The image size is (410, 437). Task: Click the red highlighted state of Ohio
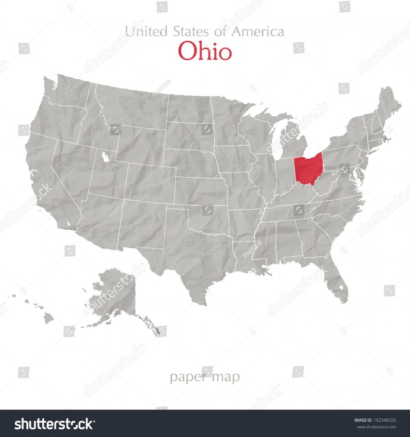pyautogui.click(x=307, y=169)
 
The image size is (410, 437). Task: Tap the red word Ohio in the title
pyautogui.click(x=205, y=51)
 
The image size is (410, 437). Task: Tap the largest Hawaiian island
pyautogui.click(x=49, y=318)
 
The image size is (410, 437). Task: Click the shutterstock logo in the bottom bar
pyautogui.click(x=54, y=423)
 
